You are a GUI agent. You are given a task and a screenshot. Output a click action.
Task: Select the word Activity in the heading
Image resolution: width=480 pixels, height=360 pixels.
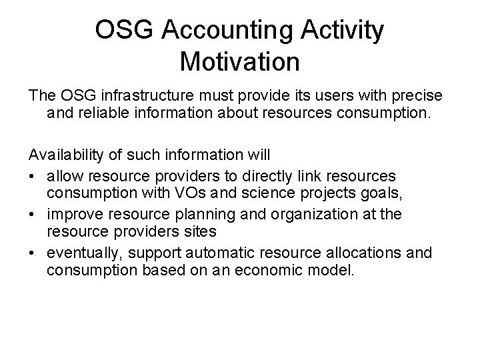[x=343, y=31]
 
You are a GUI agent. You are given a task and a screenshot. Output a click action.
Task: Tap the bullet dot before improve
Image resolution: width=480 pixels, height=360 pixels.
[x=33, y=215]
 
